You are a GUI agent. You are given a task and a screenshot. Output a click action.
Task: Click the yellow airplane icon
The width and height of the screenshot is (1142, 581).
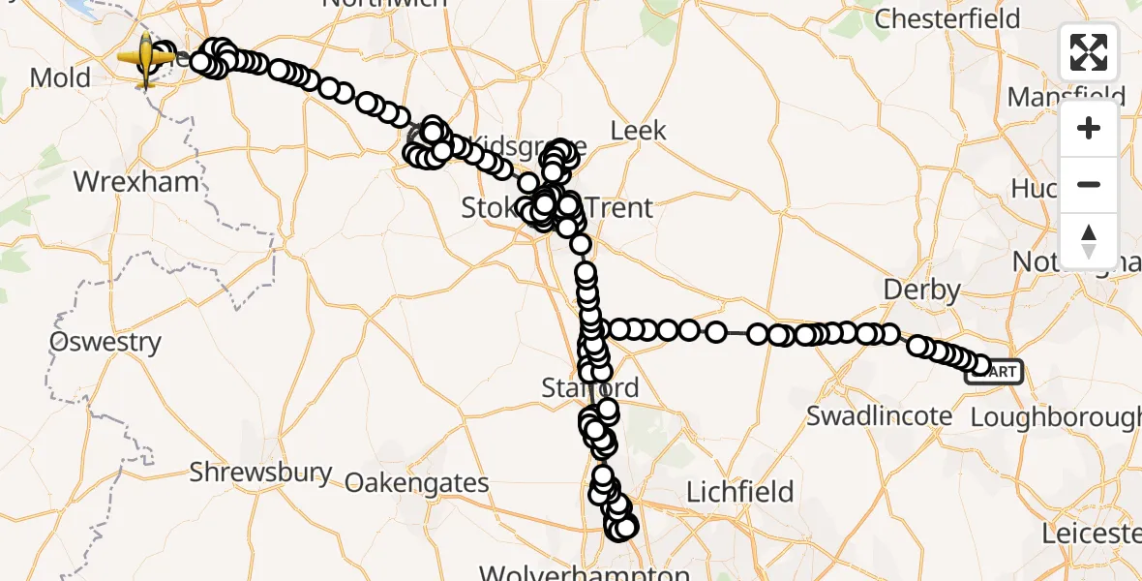(146, 58)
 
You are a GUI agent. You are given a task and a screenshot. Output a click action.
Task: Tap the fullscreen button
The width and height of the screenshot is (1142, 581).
(1089, 52)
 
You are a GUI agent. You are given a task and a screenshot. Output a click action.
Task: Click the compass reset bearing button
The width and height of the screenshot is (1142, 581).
(1089, 240)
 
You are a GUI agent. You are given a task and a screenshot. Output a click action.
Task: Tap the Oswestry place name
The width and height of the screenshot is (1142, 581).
(105, 342)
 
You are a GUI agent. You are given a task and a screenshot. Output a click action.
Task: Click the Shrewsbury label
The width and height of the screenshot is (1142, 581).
(260, 474)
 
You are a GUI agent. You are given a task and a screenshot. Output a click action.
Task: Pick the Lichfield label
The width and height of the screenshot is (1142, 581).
(739, 492)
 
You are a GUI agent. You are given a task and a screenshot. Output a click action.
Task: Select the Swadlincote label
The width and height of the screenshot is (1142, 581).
(879, 417)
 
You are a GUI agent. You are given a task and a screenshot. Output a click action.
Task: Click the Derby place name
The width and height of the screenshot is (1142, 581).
(921, 290)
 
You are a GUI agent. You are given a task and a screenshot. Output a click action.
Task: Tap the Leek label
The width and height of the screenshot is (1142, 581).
(638, 130)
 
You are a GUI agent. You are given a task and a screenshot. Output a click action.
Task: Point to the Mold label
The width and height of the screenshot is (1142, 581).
(60, 77)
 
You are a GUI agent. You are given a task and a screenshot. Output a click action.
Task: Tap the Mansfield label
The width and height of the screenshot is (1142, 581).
(1066, 97)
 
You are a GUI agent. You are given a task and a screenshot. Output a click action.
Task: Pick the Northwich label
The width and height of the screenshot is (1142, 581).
(384, 4)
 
